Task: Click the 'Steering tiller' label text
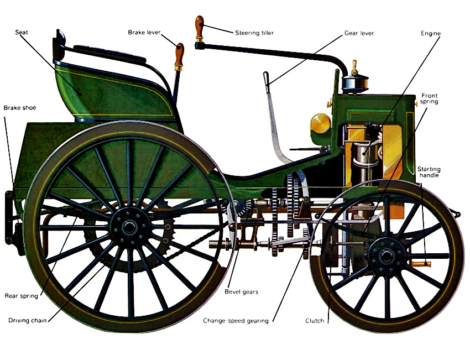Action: click(254, 33)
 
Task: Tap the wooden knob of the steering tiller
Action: click(199, 24)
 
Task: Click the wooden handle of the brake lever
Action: click(179, 54)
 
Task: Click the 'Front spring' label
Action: click(429, 99)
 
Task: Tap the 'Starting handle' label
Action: click(429, 172)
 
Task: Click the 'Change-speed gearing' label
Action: click(236, 321)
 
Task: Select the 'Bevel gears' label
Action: click(241, 291)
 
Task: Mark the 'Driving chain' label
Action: click(28, 320)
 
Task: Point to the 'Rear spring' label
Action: click(22, 296)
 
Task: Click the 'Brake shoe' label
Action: click(20, 108)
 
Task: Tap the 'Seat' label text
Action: click(22, 32)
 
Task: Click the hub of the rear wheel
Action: click(128, 226)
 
